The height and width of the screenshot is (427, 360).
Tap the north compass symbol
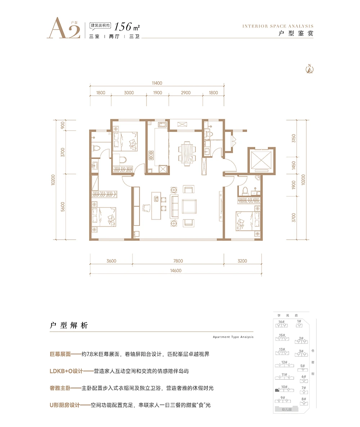(309, 69)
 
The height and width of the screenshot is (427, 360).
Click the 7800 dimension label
(178, 261)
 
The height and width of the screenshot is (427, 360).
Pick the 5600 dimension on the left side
(63, 206)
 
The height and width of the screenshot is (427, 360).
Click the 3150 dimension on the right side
(293, 138)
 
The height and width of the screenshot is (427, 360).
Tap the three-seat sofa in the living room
(174, 205)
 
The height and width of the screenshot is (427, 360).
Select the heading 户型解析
(68, 326)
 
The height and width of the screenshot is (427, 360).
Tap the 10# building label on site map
(284, 387)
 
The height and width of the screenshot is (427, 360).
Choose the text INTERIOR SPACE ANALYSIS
(278, 26)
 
